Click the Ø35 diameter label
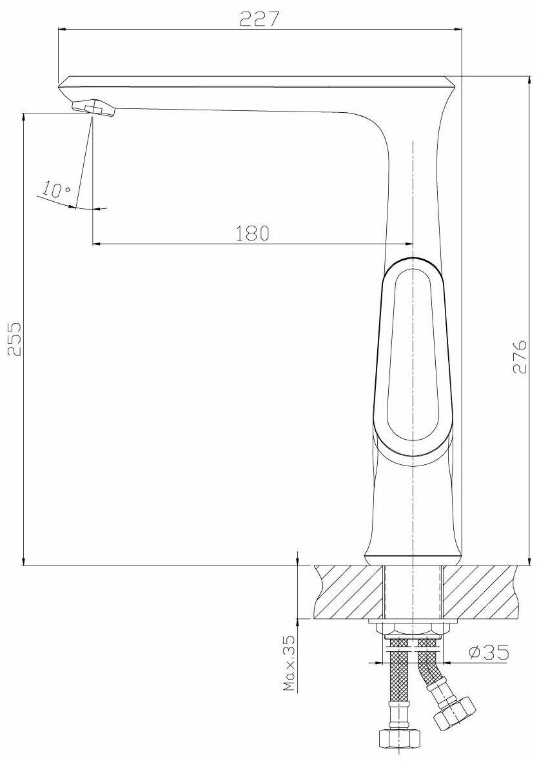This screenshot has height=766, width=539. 487,653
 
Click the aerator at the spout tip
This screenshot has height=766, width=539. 94,107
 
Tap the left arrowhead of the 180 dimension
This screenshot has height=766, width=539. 97,244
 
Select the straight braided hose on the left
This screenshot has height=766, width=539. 399,683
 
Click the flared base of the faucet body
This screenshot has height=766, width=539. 413,555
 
